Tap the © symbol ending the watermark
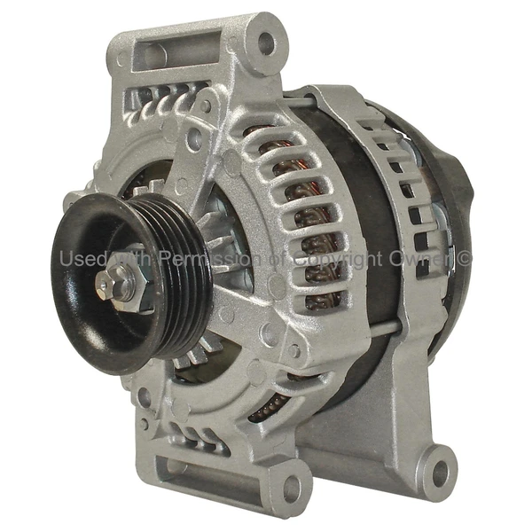[x=465, y=258]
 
